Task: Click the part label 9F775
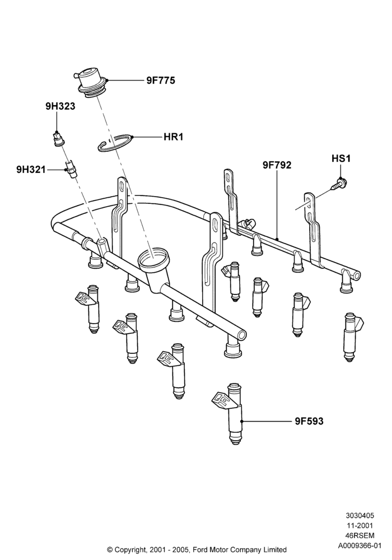pyautogui.click(x=161, y=81)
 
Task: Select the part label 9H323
pyautogui.click(x=60, y=106)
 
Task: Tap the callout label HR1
pyautogui.click(x=173, y=137)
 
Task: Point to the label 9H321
pyautogui.click(x=31, y=169)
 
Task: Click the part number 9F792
pyautogui.click(x=277, y=165)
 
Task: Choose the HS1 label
pyautogui.click(x=341, y=158)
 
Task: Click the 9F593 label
pyautogui.click(x=309, y=422)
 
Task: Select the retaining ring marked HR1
pyautogui.click(x=115, y=143)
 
